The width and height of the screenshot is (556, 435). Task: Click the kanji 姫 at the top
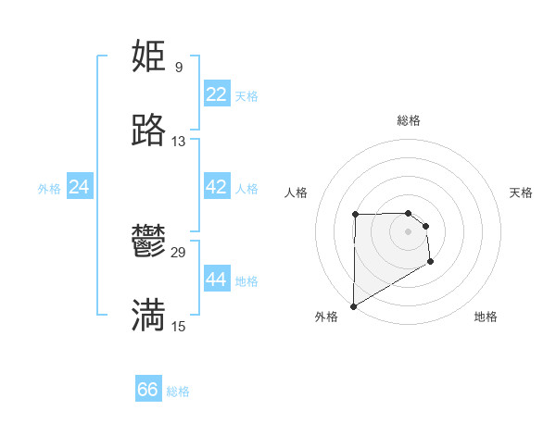[148, 56]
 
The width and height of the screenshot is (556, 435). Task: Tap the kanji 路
[148, 130]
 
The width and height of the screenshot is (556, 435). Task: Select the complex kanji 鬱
[148, 242]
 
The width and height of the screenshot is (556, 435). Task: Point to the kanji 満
[148, 316]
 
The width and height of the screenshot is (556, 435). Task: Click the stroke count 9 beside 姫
[178, 67]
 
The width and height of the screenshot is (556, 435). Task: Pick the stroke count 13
[179, 142]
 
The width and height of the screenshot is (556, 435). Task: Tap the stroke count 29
[179, 252]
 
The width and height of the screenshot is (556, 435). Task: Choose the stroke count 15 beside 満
[179, 326]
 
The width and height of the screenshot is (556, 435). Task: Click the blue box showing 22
[216, 94]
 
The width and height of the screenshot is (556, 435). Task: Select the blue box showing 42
[216, 187]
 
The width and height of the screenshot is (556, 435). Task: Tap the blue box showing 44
[216, 280]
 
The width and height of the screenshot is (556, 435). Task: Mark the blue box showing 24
[79, 187]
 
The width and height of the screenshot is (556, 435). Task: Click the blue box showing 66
[147, 390]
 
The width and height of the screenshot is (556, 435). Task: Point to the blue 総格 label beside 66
[178, 391]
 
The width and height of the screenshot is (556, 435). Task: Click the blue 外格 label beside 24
[49, 189]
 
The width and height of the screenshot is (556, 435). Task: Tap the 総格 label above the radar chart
[409, 120]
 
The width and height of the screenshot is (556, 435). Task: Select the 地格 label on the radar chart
[486, 317]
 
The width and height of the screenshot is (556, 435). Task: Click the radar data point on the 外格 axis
[353, 305]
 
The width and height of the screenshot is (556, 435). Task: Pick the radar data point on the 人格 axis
[355, 215]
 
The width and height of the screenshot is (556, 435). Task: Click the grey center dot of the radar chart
[408, 230]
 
